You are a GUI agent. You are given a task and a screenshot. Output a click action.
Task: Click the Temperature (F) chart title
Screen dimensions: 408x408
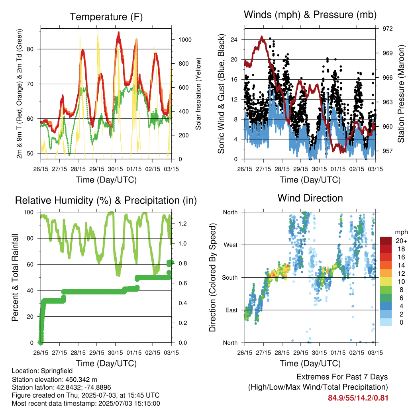click(106, 17)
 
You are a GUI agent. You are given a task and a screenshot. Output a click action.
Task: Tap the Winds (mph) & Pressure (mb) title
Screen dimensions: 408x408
click(310, 15)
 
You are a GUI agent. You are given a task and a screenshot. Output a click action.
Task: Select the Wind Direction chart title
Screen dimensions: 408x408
click(310, 198)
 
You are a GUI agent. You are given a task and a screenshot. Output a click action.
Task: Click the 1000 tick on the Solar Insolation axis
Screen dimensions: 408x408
click(185, 40)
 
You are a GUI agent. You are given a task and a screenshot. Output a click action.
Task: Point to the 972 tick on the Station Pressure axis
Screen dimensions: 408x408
click(387, 29)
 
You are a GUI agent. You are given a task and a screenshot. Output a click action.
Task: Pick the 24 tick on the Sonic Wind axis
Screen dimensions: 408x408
click(234, 39)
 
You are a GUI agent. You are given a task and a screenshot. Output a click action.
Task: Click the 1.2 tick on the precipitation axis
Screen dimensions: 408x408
click(182, 224)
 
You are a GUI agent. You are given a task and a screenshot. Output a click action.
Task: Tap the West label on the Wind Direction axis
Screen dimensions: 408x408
click(231, 245)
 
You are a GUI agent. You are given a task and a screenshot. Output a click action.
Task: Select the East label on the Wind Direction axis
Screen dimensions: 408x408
click(231, 310)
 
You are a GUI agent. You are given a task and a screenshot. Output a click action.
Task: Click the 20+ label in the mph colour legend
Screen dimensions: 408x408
click(401, 241)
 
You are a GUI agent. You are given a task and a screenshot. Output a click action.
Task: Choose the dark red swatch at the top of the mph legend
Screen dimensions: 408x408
click(386, 241)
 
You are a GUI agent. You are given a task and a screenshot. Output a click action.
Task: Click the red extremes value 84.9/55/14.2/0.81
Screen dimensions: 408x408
click(358, 398)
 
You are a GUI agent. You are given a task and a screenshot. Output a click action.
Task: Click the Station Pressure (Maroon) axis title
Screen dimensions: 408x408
click(401, 94)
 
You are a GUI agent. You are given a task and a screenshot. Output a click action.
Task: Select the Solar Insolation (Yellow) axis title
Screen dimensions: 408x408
click(198, 94)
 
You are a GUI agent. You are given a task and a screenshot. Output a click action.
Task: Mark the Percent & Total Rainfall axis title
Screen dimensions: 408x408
click(15, 277)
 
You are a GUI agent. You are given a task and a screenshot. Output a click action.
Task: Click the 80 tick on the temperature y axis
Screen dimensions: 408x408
click(30, 49)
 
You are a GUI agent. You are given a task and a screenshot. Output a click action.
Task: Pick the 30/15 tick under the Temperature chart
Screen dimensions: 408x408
click(115, 169)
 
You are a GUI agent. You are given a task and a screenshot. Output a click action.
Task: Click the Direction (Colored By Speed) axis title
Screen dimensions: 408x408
click(212, 277)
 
